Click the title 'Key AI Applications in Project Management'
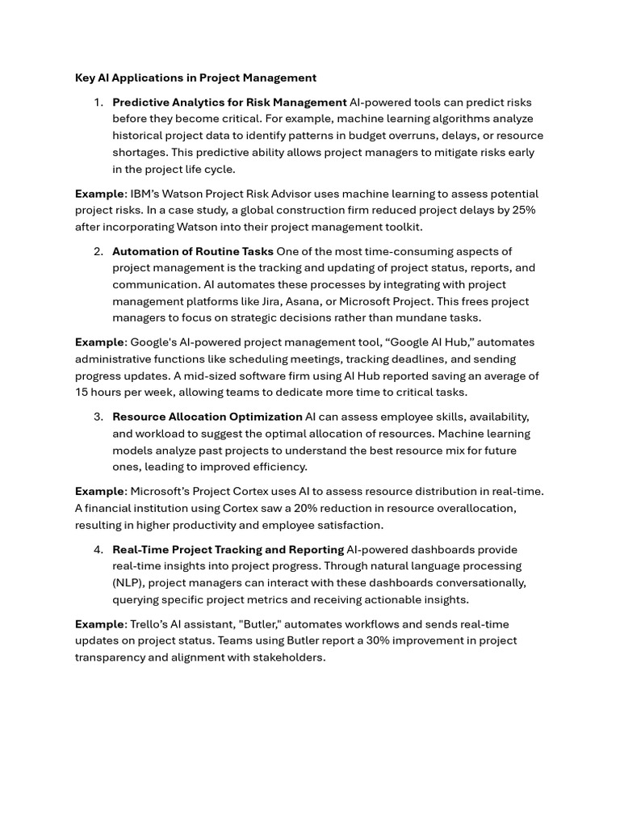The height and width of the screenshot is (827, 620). [195, 78]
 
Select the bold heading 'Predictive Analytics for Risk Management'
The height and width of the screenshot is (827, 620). [229, 103]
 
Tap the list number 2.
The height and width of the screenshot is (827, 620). [98, 251]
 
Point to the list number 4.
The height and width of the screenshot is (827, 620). [98, 549]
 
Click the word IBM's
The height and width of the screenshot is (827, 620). [148, 194]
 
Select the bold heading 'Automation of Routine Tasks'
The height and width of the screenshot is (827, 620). [193, 251]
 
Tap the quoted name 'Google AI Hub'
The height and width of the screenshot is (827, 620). [430, 342]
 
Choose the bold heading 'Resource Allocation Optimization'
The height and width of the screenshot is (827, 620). [207, 417]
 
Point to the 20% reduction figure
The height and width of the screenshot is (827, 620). [336, 508]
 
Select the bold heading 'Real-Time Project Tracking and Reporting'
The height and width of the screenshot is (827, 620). [228, 549]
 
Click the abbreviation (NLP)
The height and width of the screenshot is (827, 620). [128, 582]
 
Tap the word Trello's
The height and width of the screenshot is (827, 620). [151, 624]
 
